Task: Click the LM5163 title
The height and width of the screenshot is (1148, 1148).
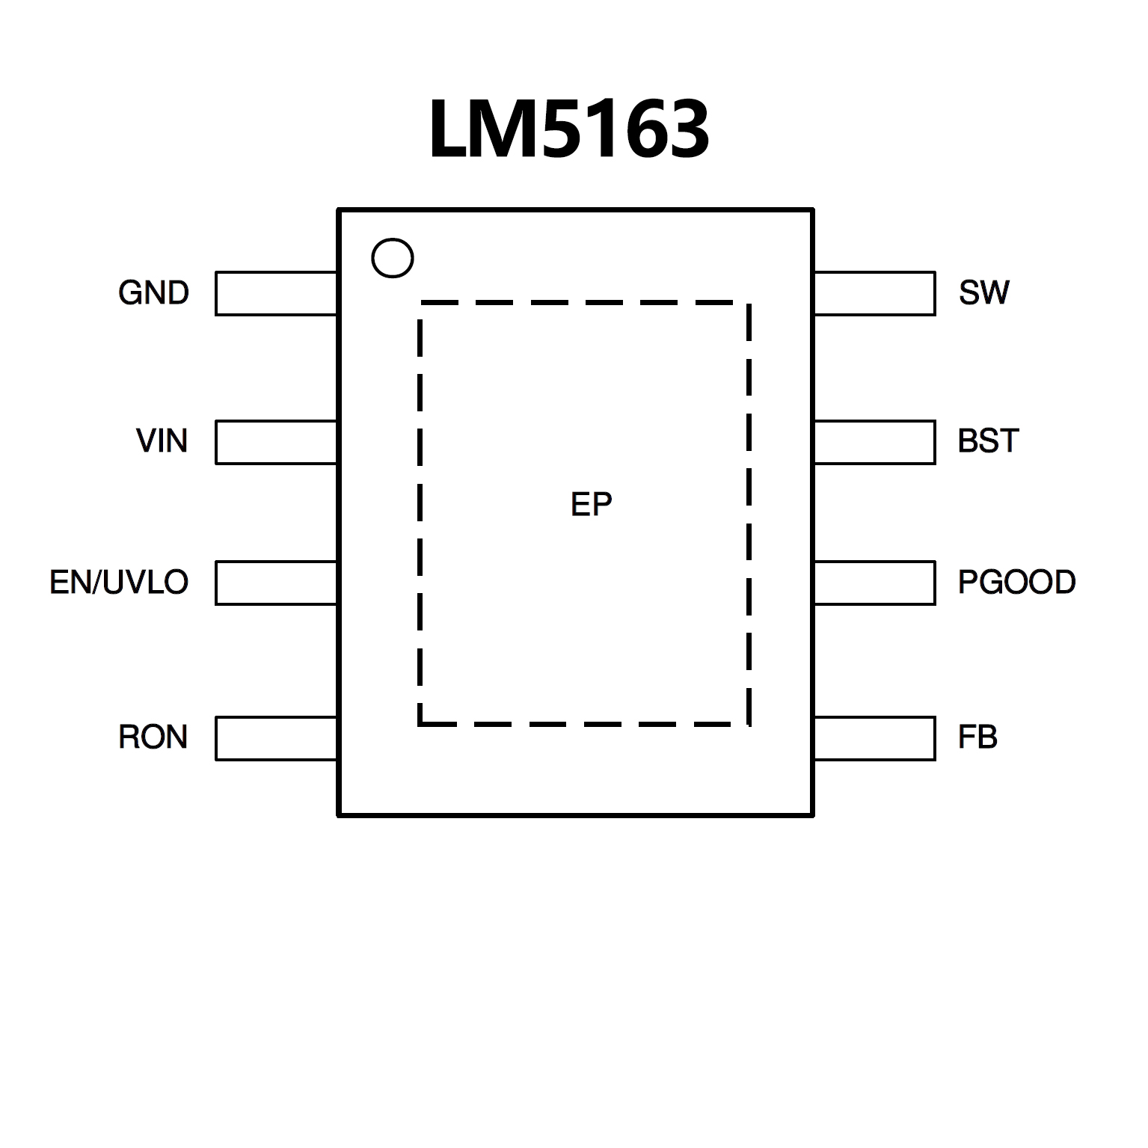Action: (x=568, y=131)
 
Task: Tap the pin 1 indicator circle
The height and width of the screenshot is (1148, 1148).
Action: (x=392, y=258)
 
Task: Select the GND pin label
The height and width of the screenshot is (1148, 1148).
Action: (x=153, y=293)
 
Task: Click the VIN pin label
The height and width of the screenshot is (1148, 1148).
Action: (x=162, y=441)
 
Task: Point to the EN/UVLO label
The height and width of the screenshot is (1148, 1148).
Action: (x=119, y=582)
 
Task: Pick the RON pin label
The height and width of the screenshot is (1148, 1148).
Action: (x=153, y=737)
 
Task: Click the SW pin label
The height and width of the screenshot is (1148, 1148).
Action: (x=983, y=293)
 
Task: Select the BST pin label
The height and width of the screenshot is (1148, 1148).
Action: (x=988, y=441)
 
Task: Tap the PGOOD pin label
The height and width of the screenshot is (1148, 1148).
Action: (x=1016, y=582)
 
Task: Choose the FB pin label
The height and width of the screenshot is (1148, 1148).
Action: (x=977, y=737)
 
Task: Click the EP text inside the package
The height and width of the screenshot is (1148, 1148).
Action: (x=591, y=506)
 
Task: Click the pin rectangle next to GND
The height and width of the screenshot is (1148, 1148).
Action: (x=276, y=293)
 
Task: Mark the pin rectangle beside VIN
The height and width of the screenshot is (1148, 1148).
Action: (x=276, y=442)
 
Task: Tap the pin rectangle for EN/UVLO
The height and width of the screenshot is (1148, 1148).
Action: (x=276, y=583)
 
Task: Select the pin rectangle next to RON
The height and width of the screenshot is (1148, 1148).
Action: (x=276, y=738)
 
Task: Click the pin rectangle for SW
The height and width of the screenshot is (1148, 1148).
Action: (x=874, y=293)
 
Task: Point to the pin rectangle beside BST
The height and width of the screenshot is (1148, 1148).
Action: (x=874, y=442)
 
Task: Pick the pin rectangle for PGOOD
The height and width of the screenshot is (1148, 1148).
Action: (x=874, y=583)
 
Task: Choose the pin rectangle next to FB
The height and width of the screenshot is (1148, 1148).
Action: (x=874, y=738)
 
